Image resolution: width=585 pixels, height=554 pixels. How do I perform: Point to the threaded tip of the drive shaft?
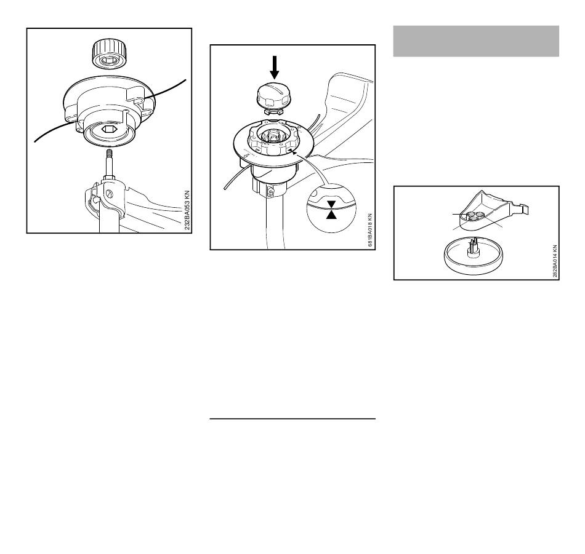tap(110, 153)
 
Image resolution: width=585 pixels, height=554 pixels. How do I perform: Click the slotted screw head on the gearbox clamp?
tap(110, 194)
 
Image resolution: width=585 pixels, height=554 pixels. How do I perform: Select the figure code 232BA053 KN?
tap(187, 210)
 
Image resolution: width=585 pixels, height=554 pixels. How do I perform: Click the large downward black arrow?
tap(275, 67)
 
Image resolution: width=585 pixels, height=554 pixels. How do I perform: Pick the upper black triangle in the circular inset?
tap(331, 203)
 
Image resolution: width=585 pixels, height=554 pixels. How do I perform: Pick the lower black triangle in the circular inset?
tap(331, 215)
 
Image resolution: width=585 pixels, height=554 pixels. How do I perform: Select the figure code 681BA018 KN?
tap(369, 230)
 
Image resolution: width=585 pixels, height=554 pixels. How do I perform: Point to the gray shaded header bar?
tap(476, 41)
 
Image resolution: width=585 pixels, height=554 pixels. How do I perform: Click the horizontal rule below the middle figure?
tap(292, 419)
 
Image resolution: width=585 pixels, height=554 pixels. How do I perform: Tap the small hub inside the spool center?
tap(272, 137)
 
